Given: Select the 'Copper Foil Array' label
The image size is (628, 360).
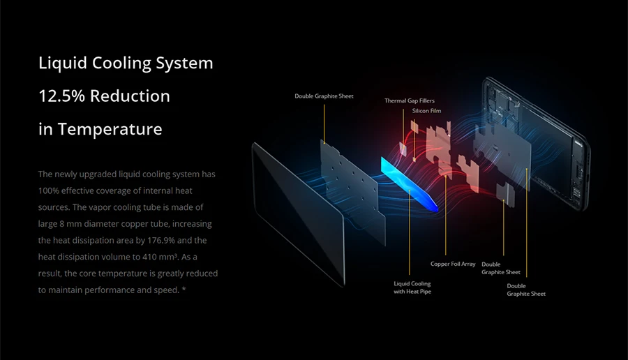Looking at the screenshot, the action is (x=453, y=264).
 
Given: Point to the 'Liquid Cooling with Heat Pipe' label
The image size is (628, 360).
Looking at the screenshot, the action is (x=412, y=287).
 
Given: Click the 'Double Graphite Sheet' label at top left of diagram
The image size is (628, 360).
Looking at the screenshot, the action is (x=324, y=96).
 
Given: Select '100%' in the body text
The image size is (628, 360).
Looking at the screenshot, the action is (x=50, y=190).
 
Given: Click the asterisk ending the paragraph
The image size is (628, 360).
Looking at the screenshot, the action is (x=184, y=290).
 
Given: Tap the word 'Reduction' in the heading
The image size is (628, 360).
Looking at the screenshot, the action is (x=130, y=96).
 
